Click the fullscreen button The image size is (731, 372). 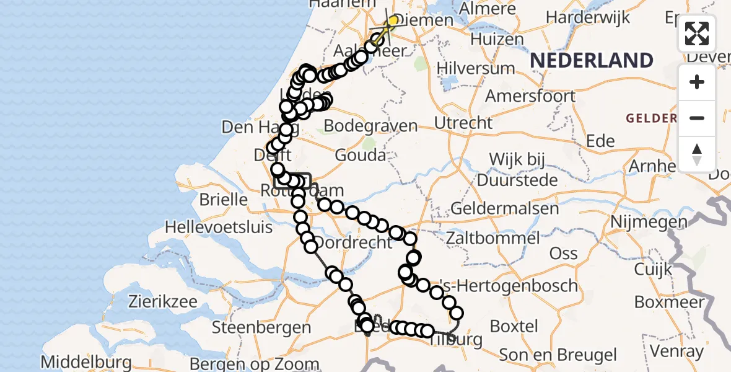[x=697, y=33]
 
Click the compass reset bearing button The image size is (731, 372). [x=697, y=154]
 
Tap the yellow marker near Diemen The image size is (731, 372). [x=392, y=21]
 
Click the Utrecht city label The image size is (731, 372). [x=463, y=123]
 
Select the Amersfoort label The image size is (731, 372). [x=530, y=96]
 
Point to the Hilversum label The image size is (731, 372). [x=476, y=68]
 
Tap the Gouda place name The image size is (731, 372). [x=360, y=155]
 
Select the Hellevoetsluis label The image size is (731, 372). [x=218, y=227]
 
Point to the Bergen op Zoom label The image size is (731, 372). [x=255, y=363]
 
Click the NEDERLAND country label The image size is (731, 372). [x=592, y=61]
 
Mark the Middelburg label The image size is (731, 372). [x=86, y=361]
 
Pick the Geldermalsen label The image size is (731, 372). [x=504, y=208]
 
